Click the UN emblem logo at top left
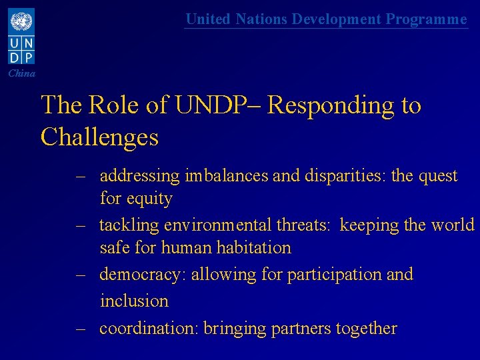coord(21,22)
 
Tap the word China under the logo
coord(22,73)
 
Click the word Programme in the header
coord(426,19)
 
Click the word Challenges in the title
coord(99,137)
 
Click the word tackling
coord(128,225)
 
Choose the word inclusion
coord(134,301)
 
